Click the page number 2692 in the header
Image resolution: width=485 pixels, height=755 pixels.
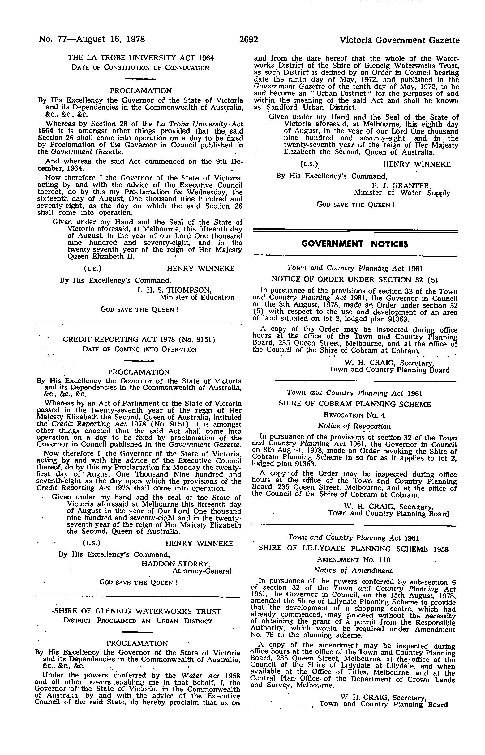pos(248,40)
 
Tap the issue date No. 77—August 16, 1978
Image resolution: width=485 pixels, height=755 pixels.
pos(92,39)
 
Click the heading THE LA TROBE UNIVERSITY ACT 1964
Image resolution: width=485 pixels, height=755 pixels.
pos(141,58)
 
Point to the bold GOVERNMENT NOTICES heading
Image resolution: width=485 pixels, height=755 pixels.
pos(354,244)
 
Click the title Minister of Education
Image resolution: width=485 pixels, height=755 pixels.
pos(197,297)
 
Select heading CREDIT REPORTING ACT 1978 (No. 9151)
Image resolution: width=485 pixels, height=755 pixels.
pos(139,339)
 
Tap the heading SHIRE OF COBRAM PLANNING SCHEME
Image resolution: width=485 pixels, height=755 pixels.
pos(354,404)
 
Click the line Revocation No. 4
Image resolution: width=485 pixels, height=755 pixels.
pos(354,415)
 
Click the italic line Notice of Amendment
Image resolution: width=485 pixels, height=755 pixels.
pos(353,570)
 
